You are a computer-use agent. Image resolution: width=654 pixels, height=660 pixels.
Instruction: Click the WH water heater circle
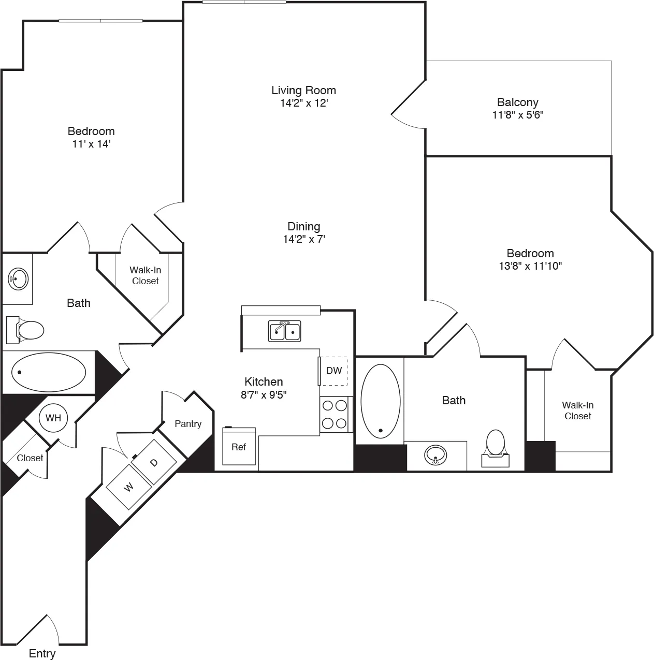tap(53, 418)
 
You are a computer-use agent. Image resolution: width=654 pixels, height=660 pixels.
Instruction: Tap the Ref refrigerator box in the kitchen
tap(239, 446)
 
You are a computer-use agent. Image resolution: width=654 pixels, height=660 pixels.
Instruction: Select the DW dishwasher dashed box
tap(333, 371)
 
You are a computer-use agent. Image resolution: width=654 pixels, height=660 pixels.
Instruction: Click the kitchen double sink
tap(284, 331)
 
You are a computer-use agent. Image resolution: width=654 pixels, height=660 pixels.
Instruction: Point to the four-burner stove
tap(334, 414)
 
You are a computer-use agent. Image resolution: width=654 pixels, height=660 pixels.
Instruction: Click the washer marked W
tap(128, 488)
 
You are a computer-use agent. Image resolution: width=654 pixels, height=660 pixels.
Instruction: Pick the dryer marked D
tap(154, 462)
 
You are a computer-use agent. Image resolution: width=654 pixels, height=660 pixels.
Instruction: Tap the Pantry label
tap(188, 424)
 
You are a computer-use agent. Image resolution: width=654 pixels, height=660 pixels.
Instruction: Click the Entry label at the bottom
tap(42, 654)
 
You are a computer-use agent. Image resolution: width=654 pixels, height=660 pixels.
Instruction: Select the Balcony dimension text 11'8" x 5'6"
tap(517, 115)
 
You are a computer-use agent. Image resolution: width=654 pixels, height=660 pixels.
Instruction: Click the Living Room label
tap(303, 90)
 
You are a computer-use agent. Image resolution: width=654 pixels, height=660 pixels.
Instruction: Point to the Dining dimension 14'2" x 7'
tap(303, 239)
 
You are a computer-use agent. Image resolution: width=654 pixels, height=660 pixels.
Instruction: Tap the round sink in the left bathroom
tap(18, 279)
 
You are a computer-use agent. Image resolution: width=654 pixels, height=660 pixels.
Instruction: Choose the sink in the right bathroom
tap(436, 456)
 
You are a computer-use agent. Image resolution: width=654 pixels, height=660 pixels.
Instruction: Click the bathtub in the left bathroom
tap(49, 372)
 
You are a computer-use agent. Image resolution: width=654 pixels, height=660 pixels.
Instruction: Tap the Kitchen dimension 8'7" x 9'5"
tap(264, 394)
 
